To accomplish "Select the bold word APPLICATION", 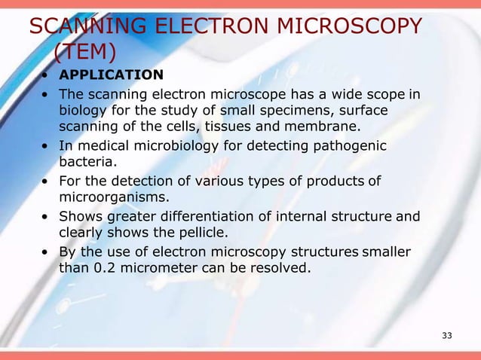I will coord(111,75).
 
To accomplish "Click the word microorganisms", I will coord(113,197).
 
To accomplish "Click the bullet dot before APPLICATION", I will coord(47,75).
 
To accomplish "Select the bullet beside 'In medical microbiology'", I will coord(47,145).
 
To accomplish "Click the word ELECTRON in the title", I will coord(205,28).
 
